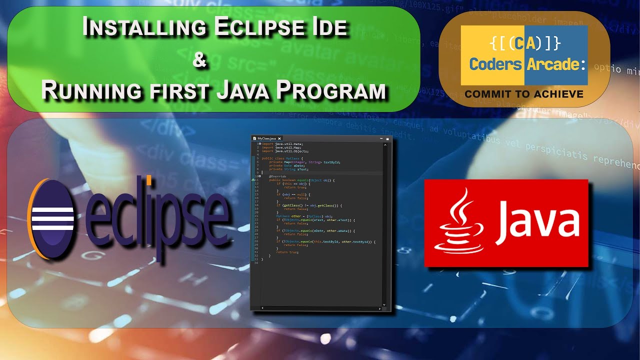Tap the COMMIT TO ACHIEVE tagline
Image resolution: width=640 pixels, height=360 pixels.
pos(524,94)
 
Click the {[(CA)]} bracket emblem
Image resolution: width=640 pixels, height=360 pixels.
pos(524,44)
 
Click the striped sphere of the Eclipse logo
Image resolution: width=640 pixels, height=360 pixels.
pos(52,219)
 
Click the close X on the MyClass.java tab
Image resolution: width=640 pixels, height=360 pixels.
pos(279,138)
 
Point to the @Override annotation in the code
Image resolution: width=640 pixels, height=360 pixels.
pos(278,176)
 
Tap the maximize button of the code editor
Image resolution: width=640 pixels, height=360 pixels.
pos(387,138)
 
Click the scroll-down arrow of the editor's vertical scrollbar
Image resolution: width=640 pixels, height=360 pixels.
pos(384,304)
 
